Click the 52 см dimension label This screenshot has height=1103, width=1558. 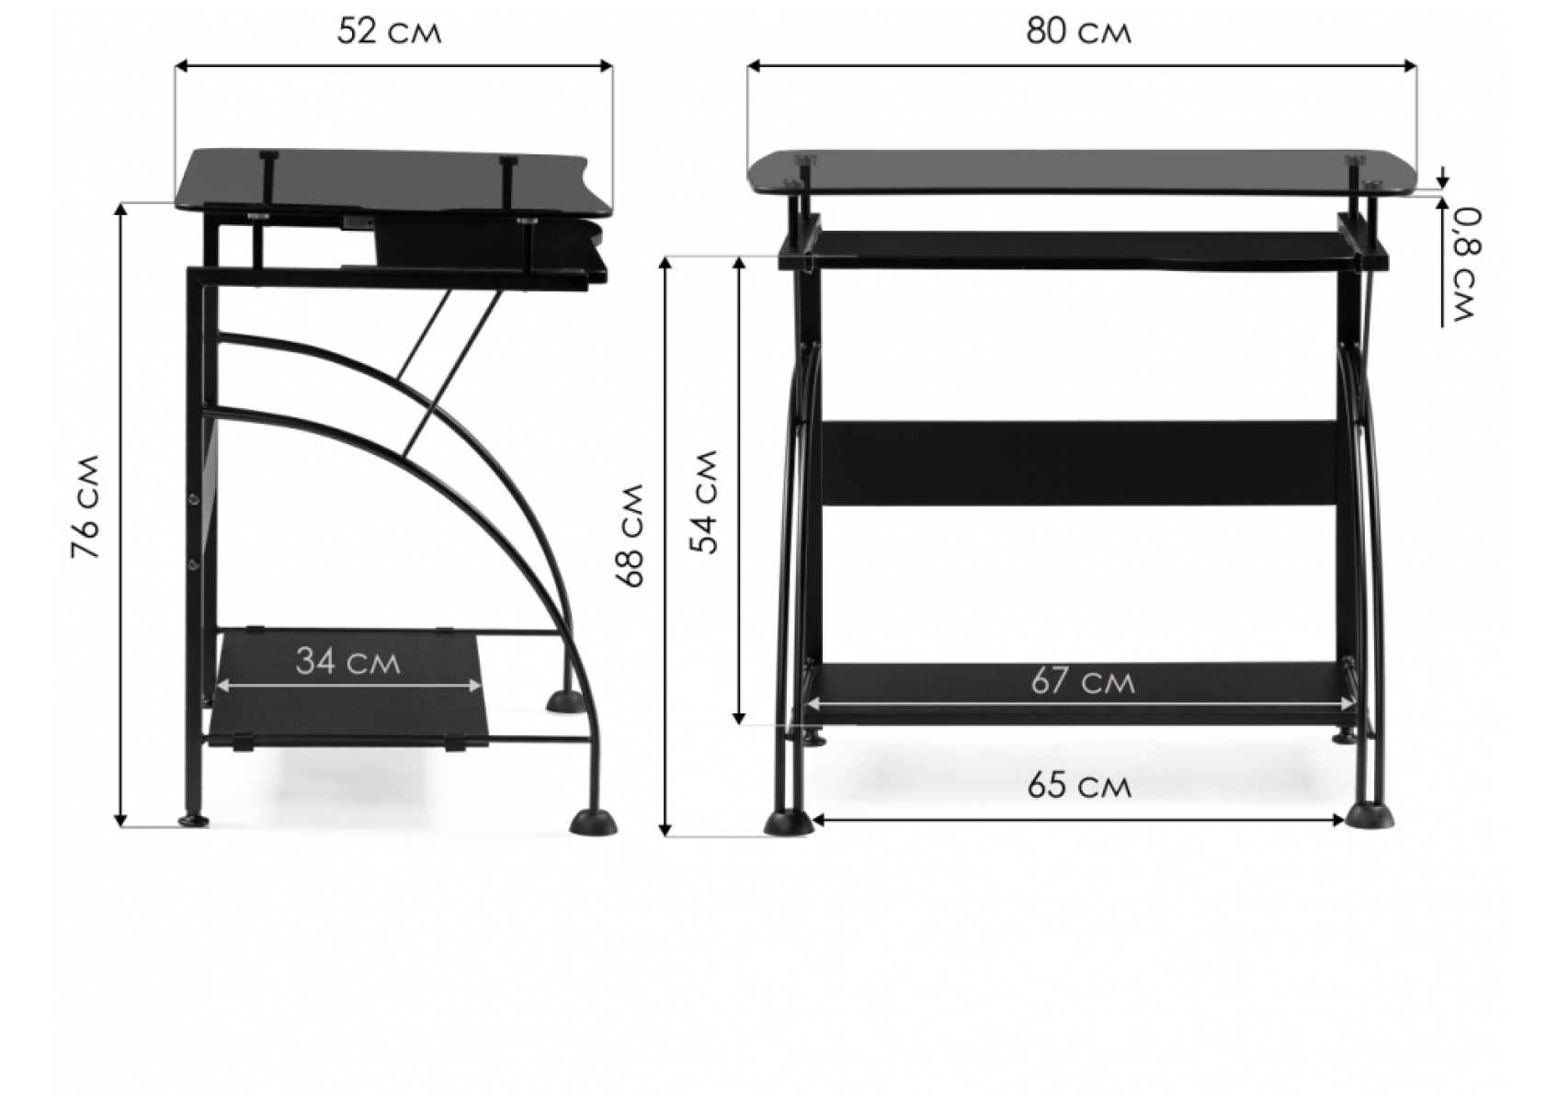[x=389, y=32]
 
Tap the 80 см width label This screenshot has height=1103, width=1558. [x=1079, y=32]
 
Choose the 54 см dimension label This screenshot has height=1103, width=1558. [x=706, y=501]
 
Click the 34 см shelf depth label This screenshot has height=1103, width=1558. [x=348, y=661]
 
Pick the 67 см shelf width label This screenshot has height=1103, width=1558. [x=1083, y=682]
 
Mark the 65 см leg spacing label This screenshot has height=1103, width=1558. [x=1079, y=786]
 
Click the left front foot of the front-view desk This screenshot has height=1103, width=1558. [x=788, y=823]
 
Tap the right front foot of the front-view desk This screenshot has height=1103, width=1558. [x=1370, y=815]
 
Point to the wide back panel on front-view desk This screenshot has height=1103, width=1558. [x=1079, y=462]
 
